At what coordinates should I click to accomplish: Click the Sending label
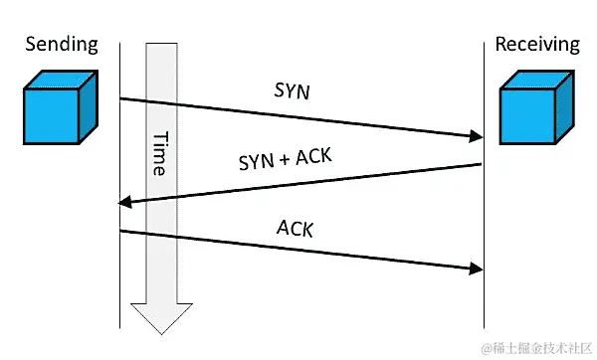[61, 44]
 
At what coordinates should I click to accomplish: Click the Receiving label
[536, 44]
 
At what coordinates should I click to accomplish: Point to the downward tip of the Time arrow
[161, 328]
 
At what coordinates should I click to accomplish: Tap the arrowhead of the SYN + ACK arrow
[124, 204]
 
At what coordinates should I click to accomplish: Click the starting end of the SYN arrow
[121, 98]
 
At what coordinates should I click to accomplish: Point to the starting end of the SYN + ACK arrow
[482, 165]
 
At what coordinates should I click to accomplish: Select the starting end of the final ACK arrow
[121, 232]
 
